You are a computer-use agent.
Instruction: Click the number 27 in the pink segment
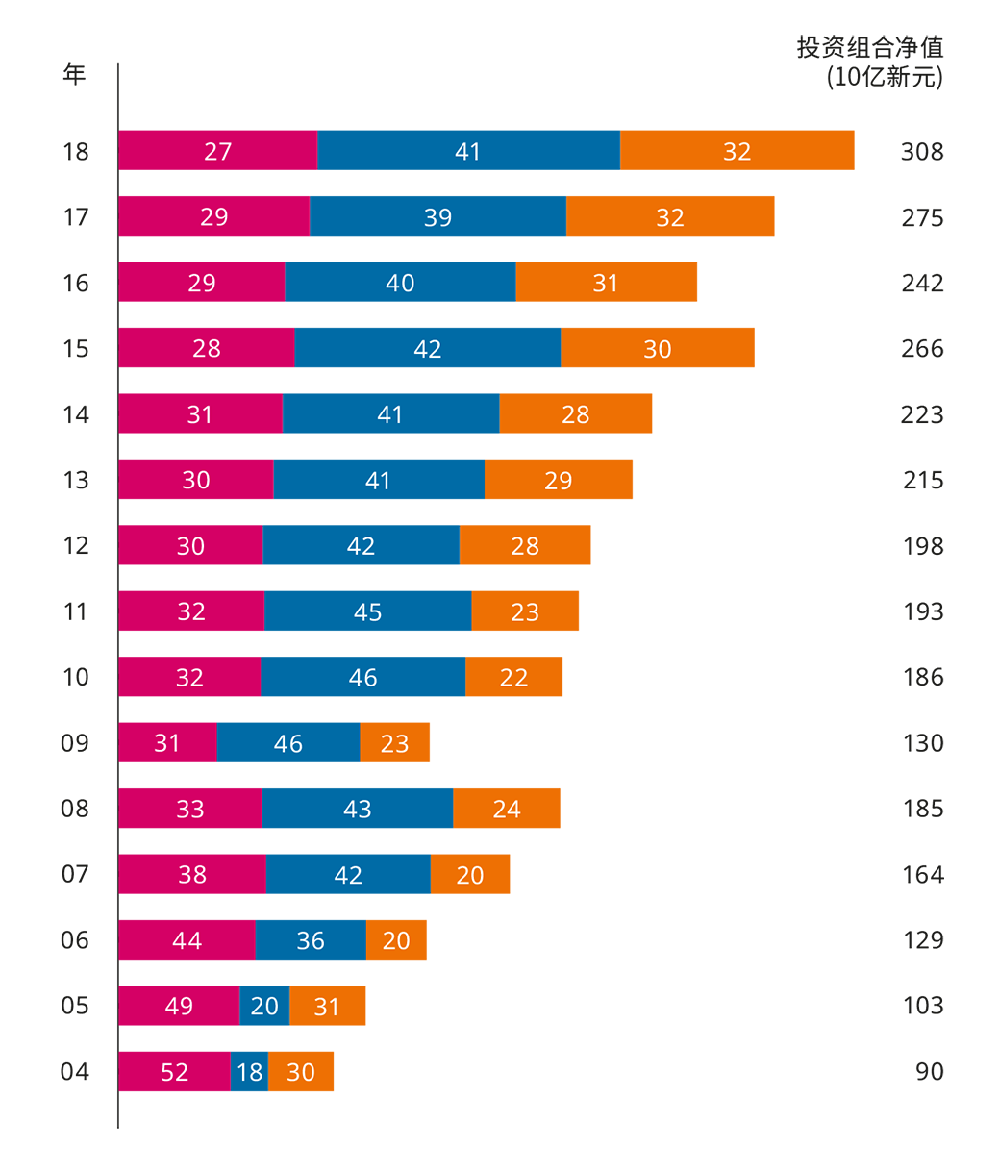pyautogui.click(x=218, y=152)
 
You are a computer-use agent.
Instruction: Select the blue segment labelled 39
pyautogui.click(x=437, y=217)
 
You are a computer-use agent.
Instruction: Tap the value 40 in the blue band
pyautogui.click(x=400, y=284)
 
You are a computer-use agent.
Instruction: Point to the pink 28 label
pyautogui.click(x=207, y=349)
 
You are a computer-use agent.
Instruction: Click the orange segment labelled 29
pyautogui.click(x=559, y=481)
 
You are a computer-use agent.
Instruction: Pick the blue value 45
pyautogui.click(x=368, y=612)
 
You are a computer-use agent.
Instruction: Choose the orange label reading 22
pyautogui.click(x=514, y=678)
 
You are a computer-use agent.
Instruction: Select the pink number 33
pyautogui.click(x=190, y=810)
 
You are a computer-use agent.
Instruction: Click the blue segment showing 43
pyautogui.click(x=358, y=810)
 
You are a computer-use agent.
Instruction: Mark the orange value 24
pyautogui.click(x=507, y=810)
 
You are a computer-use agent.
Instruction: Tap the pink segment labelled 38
pyautogui.click(x=192, y=875)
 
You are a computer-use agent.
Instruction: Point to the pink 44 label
pyautogui.click(x=187, y=940)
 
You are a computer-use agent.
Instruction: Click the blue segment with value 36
pyautogui.click(x=311, y=940)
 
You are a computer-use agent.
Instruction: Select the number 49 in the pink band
pyautogui.click(x=179, y=1007)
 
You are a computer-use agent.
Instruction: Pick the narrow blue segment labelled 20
pyautogui.click(x=264, y=1007)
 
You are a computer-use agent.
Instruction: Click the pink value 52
pyautogui.click(x=175, y=1072)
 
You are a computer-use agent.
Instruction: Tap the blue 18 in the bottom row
pyautogui.click(x=250, y=1072)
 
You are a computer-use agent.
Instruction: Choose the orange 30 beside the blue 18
pyautogui.click(x=301, y=1072)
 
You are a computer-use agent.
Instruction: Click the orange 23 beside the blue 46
pyautogui.click(x=395, y=743)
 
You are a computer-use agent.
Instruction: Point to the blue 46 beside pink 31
pyautogui.click(x=288, y=743)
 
